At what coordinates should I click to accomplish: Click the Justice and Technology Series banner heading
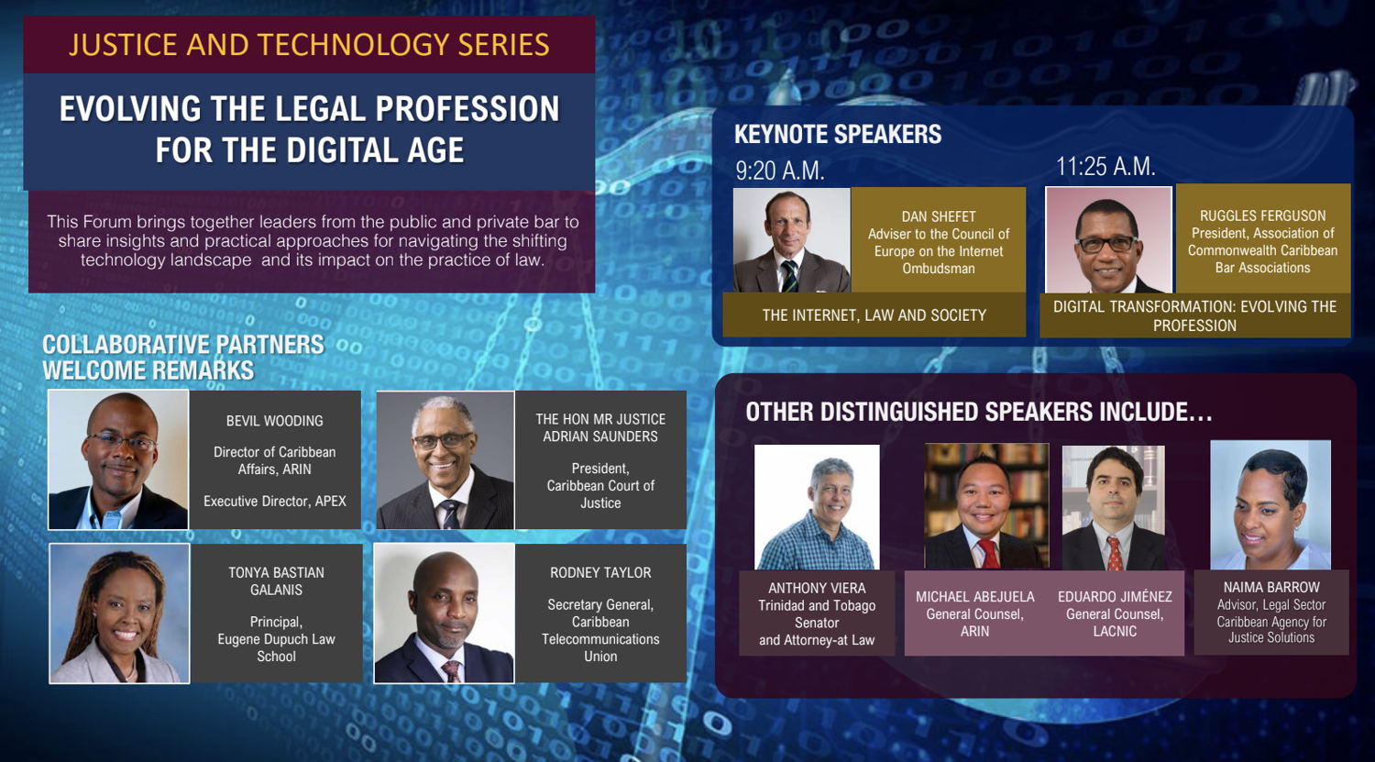tap(309, 45)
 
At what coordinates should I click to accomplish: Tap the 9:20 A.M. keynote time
tap(779, 171)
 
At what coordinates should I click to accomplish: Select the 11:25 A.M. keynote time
tap(1105, 166)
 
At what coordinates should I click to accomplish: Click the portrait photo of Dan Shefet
tap(792, 240)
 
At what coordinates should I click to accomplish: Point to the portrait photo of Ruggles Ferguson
tap(1108, 239)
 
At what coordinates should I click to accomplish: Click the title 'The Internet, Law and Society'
tap(874, 315)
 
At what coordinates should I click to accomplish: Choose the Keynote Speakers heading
tap(838, 134)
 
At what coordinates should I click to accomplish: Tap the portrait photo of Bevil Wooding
tap(118, 460)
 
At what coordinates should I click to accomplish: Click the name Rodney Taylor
tap(600, 573)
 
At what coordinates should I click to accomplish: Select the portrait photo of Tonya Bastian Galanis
tap(120, 613)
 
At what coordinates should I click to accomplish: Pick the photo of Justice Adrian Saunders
tap(445, 460)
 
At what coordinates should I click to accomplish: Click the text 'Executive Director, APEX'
tap(275, 502)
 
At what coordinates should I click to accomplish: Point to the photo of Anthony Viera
tap(817, 507)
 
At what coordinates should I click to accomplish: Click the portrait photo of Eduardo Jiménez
tap(1114, 508)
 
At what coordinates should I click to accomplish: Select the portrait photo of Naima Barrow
tap(1270, 504)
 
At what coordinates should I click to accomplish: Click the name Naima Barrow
tap(1271, 588)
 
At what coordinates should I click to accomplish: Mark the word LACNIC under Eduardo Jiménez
tap(1115, 631)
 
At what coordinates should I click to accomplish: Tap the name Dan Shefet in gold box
tap(939, 216)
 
